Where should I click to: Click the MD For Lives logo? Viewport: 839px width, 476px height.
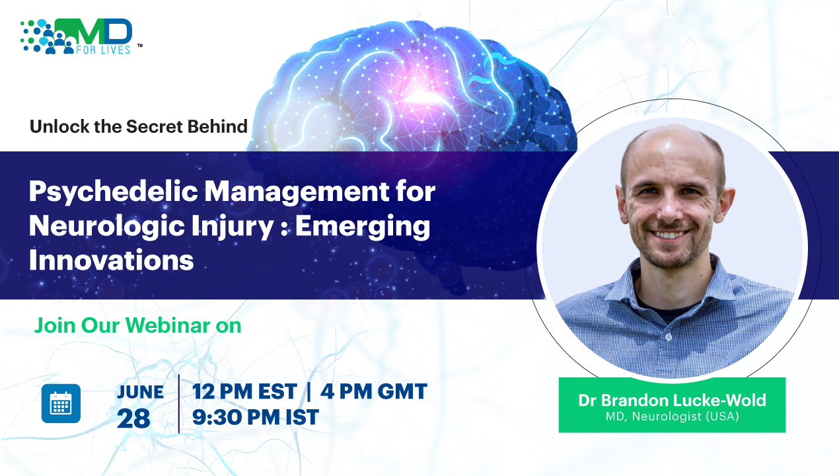point(81,36)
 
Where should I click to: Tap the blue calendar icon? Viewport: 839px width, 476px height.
point(61,403)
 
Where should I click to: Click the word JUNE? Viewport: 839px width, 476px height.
point(140,393)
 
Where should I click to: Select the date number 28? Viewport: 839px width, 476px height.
point(133,418)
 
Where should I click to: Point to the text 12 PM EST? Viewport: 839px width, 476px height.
point(244,391)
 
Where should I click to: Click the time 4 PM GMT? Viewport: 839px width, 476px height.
point(374,391)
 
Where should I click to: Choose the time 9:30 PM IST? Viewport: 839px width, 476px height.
point(256,417)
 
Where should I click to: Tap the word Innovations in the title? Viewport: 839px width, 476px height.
point(111,260)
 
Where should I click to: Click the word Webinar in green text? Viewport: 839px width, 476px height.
point(167,325)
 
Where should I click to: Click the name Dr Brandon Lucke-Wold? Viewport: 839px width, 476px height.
point(672,400)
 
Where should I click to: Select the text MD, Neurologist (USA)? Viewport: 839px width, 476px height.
point(672,416)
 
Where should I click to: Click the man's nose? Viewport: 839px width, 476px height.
point(669,212)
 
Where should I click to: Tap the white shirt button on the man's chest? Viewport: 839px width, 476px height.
point(669,337)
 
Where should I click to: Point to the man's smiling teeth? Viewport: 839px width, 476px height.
point(669,235)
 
